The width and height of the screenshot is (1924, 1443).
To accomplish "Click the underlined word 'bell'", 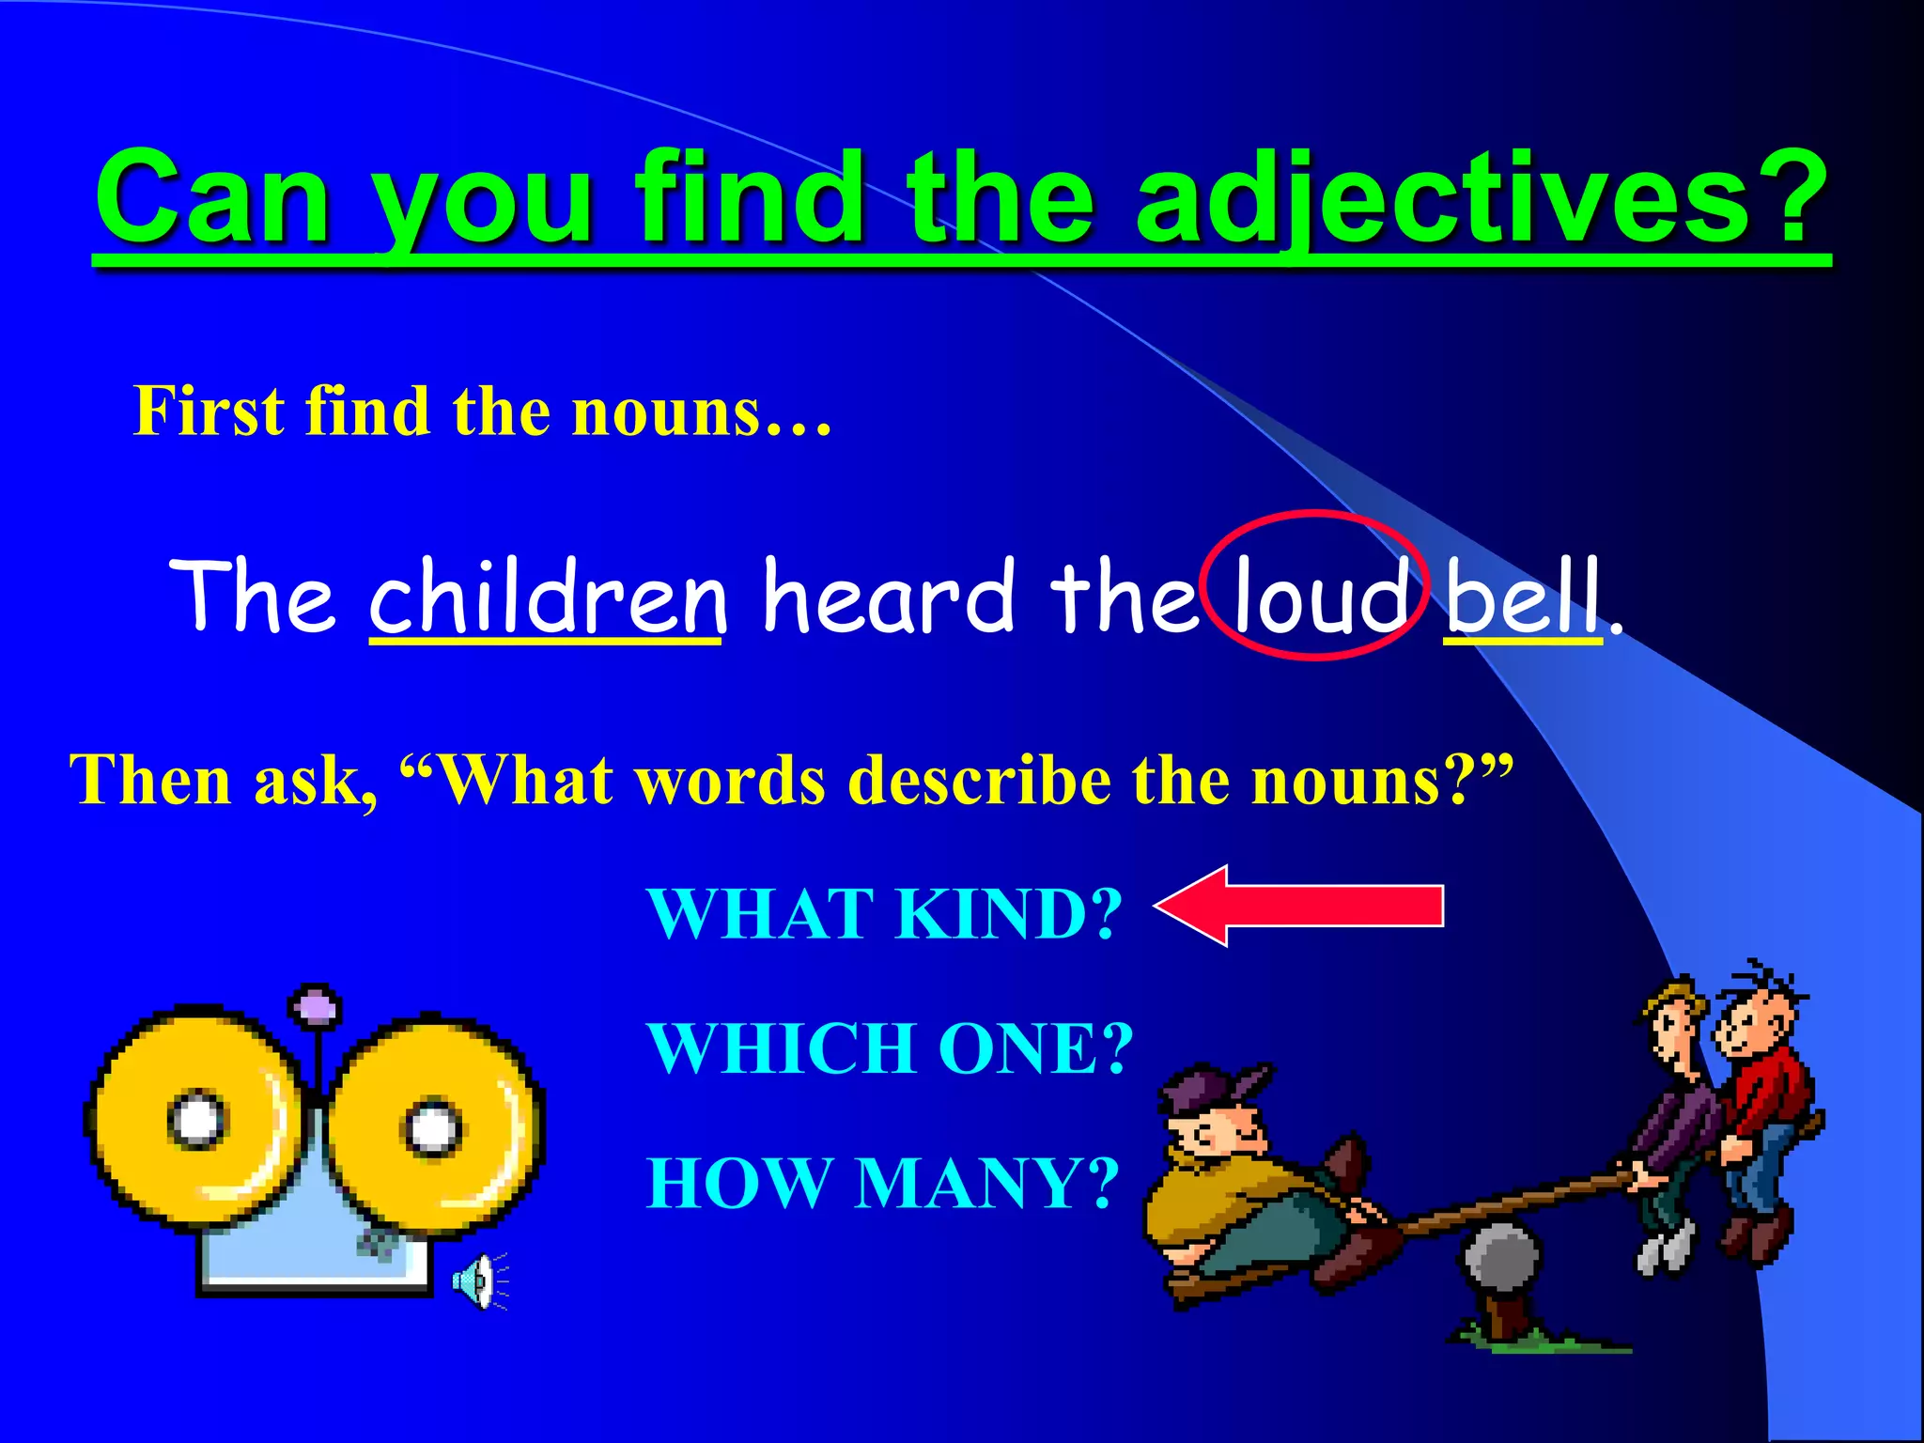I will [x=1521, y=596].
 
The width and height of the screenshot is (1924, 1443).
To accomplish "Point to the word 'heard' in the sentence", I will [x=888, y=596].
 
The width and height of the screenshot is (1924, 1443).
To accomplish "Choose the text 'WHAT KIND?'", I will [x=884, y=913].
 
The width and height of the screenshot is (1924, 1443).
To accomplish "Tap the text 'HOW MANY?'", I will [x=883, y=1183].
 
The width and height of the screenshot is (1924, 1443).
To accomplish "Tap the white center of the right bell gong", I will [x=433, y=1127].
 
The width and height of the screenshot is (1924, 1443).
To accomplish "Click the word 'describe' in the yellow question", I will [x=978, y=780].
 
